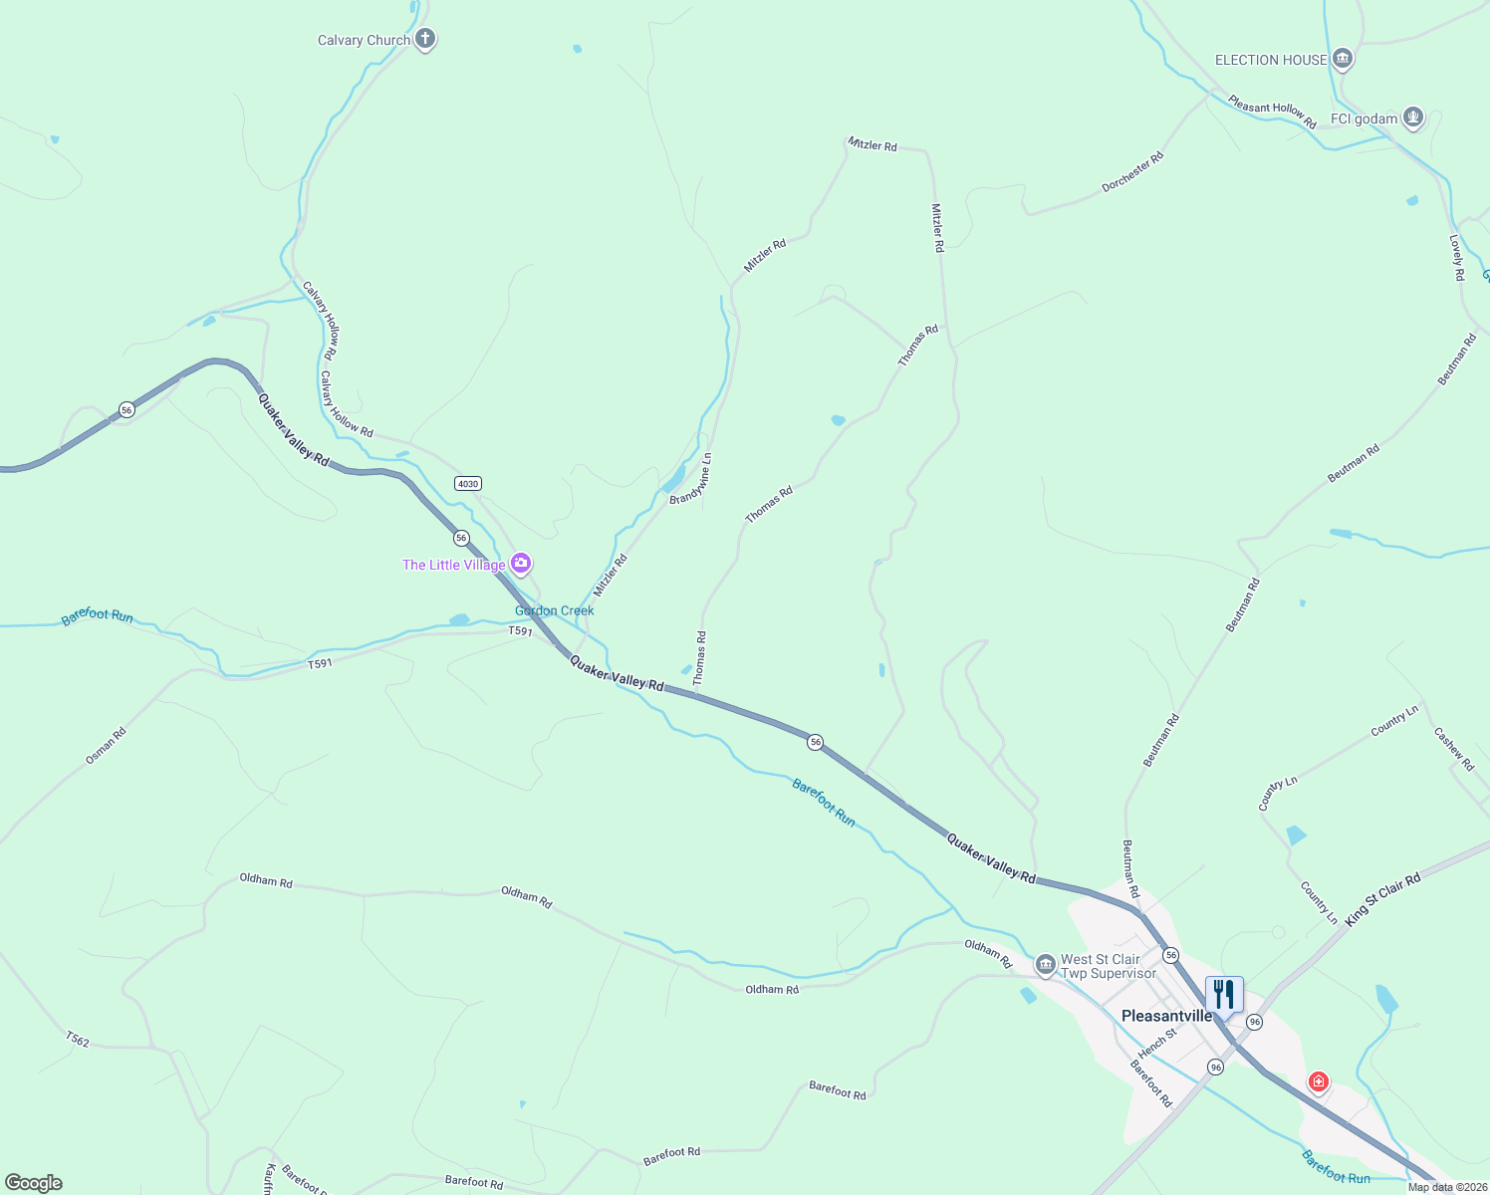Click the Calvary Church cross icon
click(425, 40)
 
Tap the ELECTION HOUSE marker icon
click(1343, 60)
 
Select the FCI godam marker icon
click(1412, 119)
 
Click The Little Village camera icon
click(520, 565)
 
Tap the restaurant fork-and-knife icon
click(1224, 994)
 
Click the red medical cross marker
click(1319, 1081)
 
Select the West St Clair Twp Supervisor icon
click(1045, 964)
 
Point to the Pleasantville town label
click(1167, 1016)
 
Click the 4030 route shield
click(467, 484)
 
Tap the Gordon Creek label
click(555, 610)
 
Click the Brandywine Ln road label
click(691, 479)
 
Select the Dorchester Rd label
click(1132, 172)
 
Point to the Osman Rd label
click(106, 746)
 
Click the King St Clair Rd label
click(1382, 900)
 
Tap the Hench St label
click(1157, 1043)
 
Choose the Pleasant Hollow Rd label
click(1272, 111)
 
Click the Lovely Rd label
click(1456, 258)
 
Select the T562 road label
click(78, 1041)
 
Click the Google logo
click(34, 1183)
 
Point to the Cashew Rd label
click(1453, 749)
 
